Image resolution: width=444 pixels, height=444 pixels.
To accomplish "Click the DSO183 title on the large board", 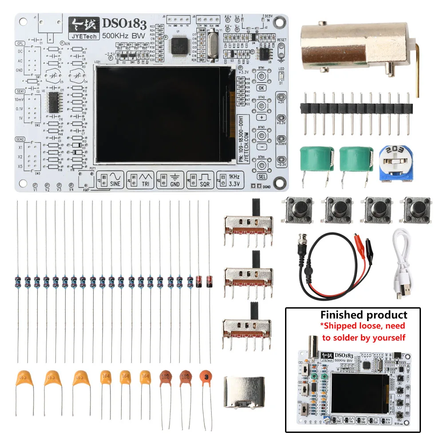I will tap(122, 24).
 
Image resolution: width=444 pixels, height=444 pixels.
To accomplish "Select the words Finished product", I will tap(364, 315).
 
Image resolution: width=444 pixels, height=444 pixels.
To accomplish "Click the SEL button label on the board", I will tap(262, 177).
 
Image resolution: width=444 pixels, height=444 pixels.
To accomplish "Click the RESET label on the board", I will tap(281, 40).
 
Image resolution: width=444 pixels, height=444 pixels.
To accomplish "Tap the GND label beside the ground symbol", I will tap(175, 184).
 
